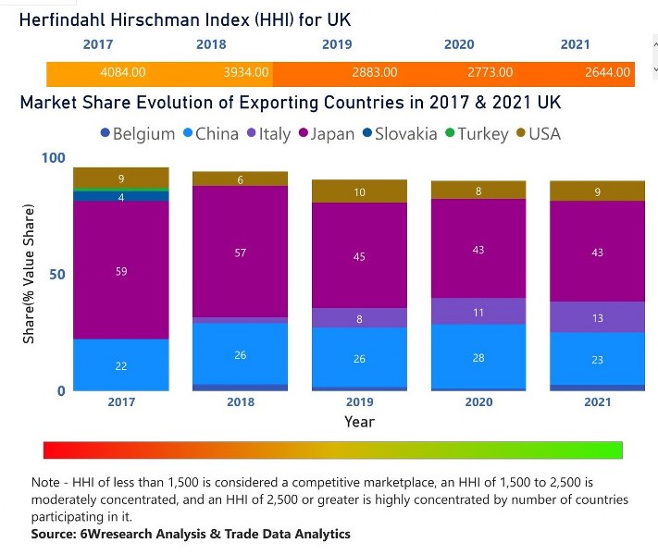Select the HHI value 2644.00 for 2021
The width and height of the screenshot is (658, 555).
[x=607, y=72]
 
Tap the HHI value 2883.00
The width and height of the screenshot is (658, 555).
[x=375, y=72]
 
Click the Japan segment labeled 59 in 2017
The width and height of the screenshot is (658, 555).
[x=121, y=271]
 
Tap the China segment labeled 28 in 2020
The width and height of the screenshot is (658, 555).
[x=478, y=357]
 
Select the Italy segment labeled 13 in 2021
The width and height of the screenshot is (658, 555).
[x=597, y=317]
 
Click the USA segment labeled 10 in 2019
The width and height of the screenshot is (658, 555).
[x=360, y=192]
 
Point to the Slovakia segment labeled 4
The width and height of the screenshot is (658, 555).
[x=121, y=197]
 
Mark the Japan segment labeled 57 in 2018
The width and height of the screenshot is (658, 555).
[x=241, y=253]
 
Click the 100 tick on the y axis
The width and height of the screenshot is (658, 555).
[x=56, y=158]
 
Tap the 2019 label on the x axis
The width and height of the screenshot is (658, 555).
[x=359, y=402]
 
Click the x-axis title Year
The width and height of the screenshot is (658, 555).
[x=359, y=422]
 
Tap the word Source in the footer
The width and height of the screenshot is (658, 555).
[x=56, y=534]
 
